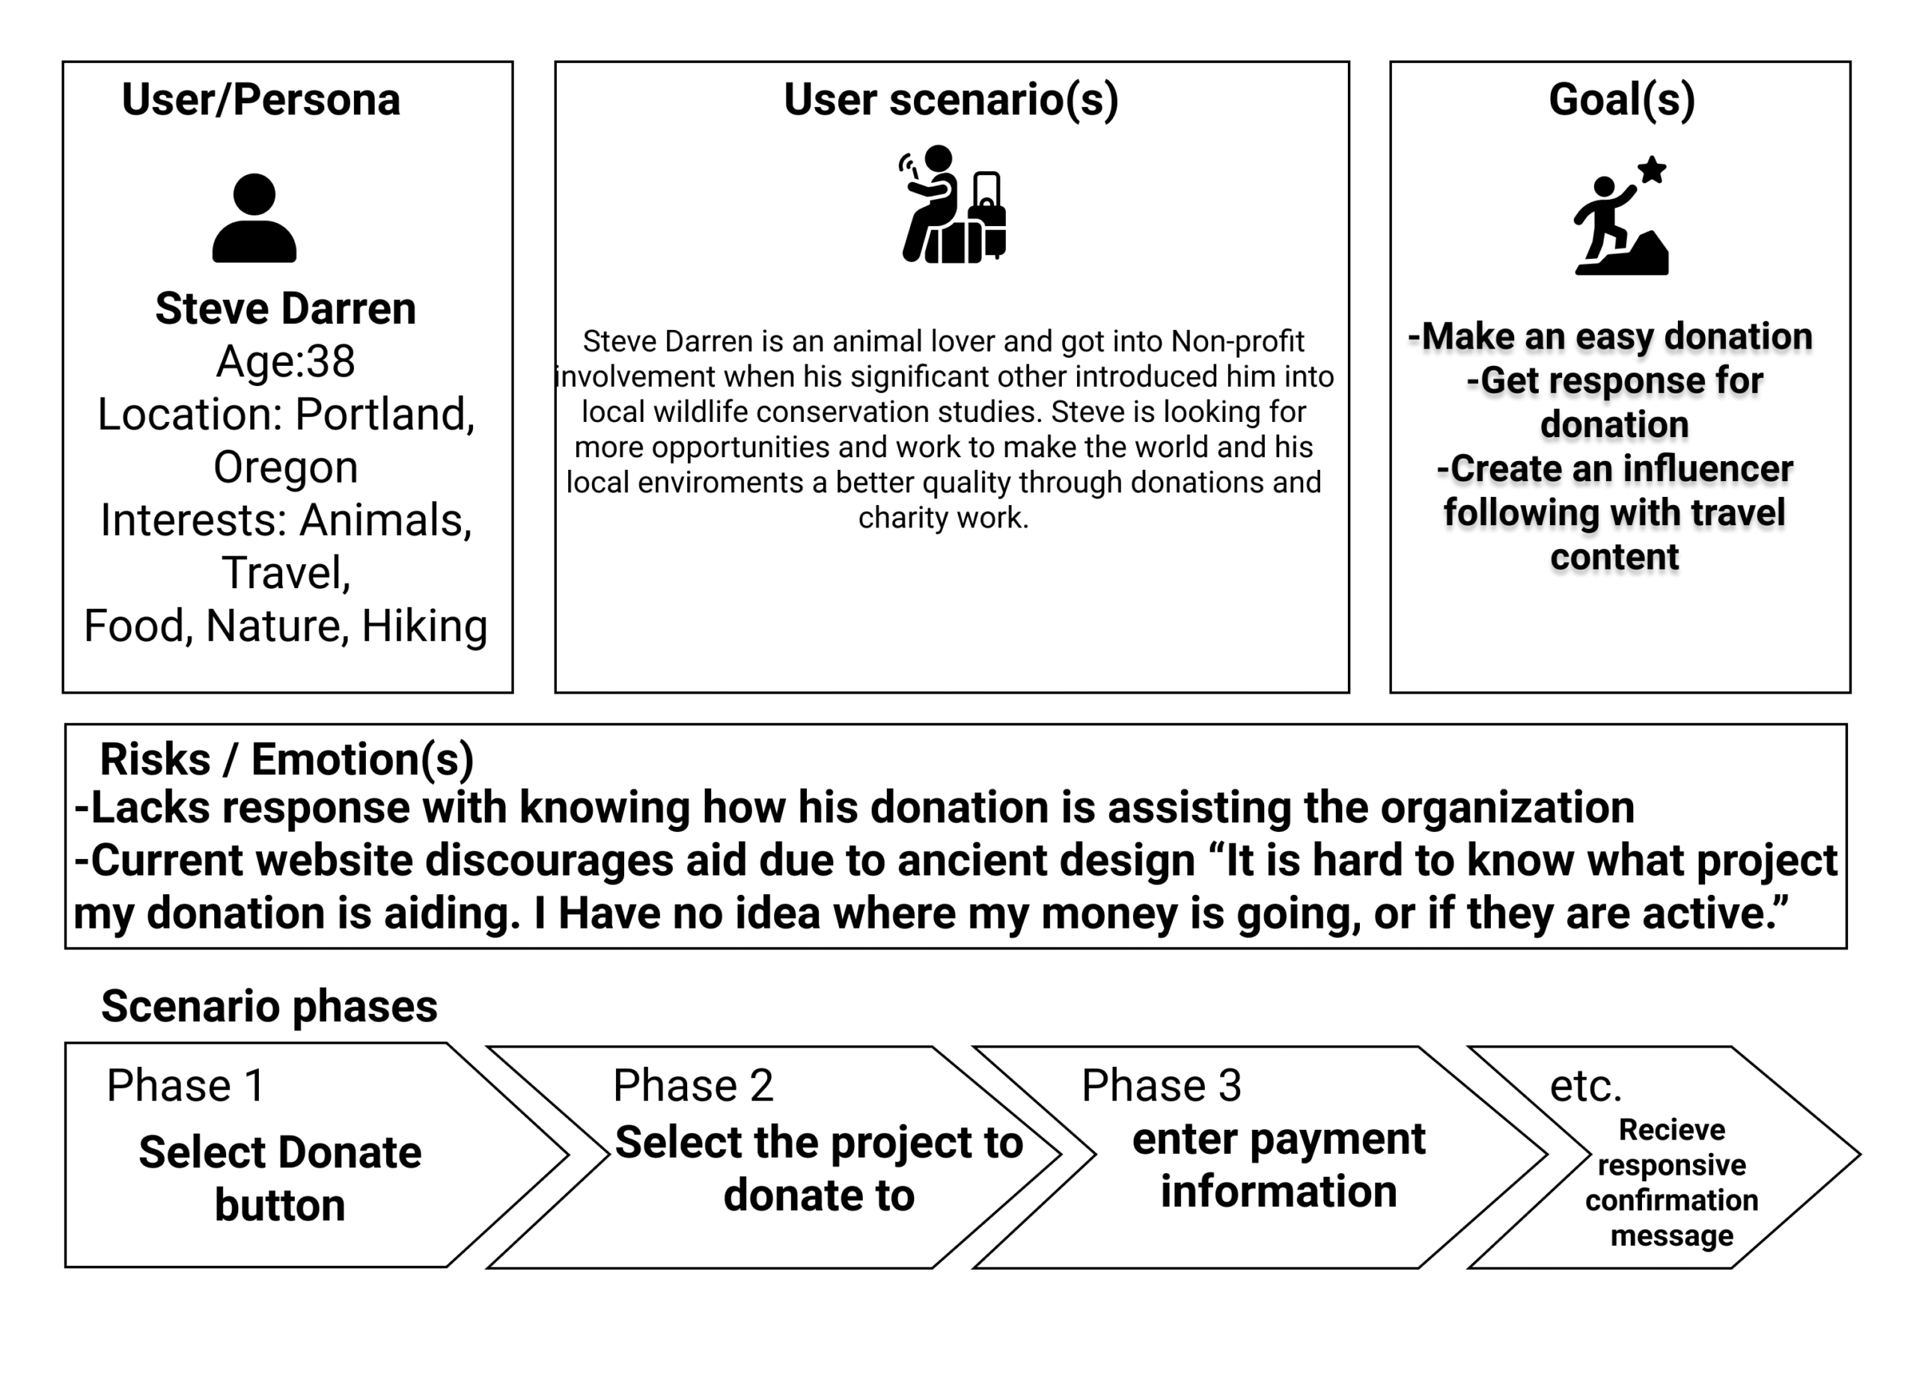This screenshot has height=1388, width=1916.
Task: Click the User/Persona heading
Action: pos(261,100)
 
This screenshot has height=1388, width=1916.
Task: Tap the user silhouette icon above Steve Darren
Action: pos(254,218)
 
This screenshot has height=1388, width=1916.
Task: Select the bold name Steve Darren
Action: pos(286,308)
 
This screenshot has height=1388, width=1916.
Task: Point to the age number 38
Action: pos(330,361)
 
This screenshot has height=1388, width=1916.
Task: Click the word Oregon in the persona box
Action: pos(286,467)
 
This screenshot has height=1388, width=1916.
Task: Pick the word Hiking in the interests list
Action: pos(424,627)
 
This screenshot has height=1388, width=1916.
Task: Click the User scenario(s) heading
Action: pos(951,100)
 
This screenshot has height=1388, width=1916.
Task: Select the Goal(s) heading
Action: pos(1622,100)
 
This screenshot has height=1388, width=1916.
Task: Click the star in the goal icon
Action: pos(1653,170)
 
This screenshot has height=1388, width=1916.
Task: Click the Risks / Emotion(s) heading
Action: pos(287,759)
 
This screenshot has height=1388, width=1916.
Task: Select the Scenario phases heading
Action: pos(269,1006)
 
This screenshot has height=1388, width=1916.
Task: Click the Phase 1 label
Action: pos(185,1086)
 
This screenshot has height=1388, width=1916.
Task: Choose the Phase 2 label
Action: pos(693,1086)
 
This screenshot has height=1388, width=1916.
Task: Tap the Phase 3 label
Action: pos(1162,1086)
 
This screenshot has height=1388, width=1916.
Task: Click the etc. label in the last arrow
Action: pos(1586,1086)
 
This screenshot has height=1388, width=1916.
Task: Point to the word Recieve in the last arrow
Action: pos(1672,1130)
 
